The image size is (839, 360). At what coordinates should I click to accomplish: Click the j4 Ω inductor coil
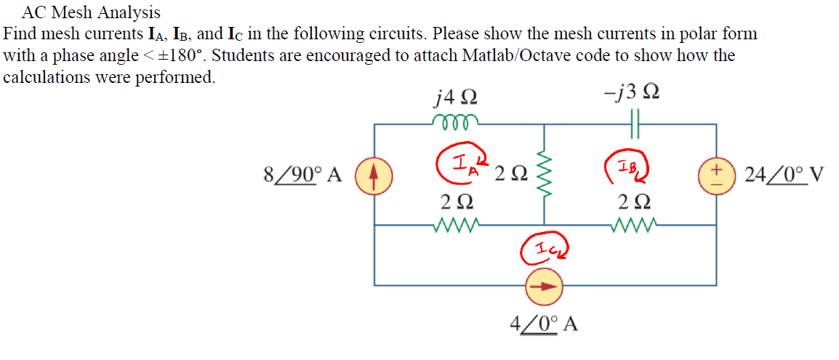pos(455,121)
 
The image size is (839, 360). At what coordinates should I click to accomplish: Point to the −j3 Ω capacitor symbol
pos(632,123)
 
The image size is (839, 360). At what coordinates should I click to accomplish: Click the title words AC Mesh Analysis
pos(92,12)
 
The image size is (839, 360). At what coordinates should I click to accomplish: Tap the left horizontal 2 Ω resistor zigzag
pos(454,226)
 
